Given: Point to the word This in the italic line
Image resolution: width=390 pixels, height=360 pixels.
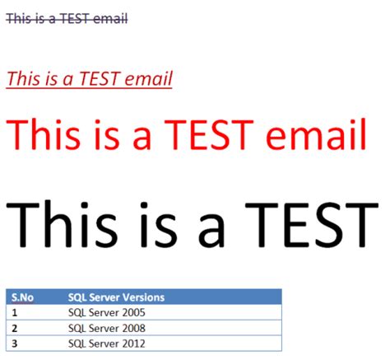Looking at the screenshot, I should click(x=23, y=79).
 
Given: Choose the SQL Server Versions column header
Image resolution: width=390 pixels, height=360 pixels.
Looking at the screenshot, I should click(x=116, y=297).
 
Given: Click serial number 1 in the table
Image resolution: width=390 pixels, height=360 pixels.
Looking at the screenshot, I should click(x=15, y=312).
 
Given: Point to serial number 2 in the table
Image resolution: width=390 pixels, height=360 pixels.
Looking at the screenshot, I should click(x=15, y=328).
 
